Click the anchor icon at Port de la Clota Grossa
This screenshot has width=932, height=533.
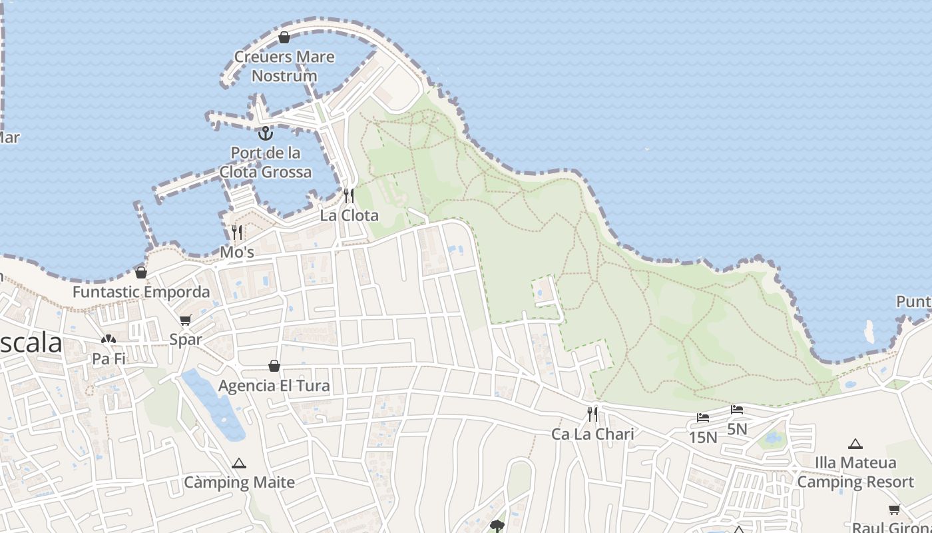[266, 133]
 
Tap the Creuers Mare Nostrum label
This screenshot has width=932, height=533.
[284, 66]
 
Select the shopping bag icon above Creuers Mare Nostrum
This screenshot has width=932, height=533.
[284, 37]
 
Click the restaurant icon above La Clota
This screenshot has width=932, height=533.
[349, 195]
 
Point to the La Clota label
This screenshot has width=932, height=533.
[349, 215]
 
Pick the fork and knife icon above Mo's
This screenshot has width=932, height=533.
[237, 233]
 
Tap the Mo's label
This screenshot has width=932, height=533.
[237, 253]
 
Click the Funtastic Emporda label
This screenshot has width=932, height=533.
[141, 292]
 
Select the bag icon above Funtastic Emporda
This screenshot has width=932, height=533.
[141, 272]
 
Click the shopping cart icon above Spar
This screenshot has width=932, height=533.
[186, 320]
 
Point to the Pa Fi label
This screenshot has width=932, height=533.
[109, 358]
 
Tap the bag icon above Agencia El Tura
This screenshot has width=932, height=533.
[274, 366]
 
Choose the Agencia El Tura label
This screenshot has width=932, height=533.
[274, 385]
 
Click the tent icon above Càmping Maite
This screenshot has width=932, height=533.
[239, 463]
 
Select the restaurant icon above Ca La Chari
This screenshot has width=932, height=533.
[592, 414]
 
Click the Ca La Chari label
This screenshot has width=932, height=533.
[592, 434]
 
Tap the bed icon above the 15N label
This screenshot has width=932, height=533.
[703, 418]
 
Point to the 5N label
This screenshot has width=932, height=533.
[737, 429]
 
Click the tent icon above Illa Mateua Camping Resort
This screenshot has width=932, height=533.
[855, 444]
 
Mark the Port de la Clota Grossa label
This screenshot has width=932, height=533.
[266, 163]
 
